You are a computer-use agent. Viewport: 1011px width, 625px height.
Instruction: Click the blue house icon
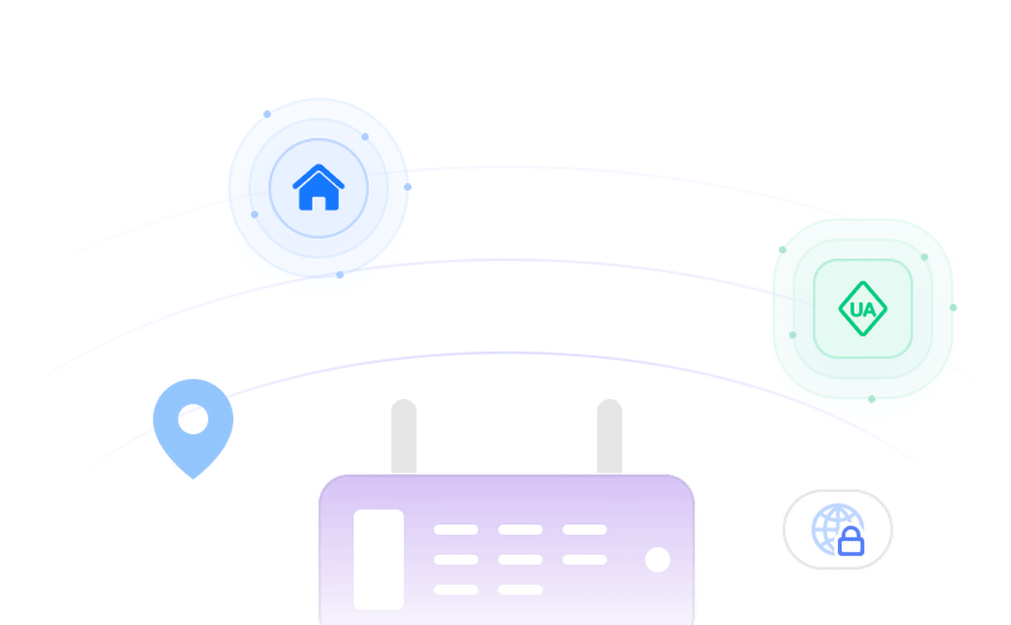318,187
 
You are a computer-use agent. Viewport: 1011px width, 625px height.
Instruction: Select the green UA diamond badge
862,308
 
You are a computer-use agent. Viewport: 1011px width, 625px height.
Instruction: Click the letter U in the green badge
855,309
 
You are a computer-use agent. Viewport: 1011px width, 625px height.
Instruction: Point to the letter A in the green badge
869,309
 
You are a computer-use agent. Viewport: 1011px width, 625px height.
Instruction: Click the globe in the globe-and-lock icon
830,528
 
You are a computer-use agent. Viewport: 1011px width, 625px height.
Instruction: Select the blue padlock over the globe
850,543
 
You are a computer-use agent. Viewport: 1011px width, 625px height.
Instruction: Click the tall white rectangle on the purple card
378,558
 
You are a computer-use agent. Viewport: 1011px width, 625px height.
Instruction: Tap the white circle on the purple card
657,559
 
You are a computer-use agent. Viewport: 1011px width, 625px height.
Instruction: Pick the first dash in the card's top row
455,529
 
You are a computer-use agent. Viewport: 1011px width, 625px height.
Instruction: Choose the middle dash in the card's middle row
520,559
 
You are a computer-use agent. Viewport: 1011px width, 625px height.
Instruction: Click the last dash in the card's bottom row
520,589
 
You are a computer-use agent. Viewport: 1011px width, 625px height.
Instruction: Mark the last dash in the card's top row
584,529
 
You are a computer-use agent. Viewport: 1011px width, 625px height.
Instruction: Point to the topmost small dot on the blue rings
267,114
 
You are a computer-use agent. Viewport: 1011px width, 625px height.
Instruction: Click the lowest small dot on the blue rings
340,274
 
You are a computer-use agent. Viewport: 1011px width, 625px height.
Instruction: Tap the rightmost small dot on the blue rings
407,187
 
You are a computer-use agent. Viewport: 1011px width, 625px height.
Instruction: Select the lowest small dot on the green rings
872,398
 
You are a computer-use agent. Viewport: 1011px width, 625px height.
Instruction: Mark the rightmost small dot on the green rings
953,307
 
